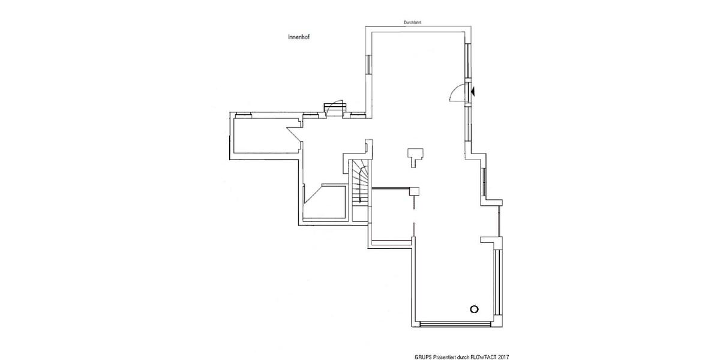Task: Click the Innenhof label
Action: click(299, 37)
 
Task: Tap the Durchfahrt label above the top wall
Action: click(412, 23)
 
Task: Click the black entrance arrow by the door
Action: click(473, 92)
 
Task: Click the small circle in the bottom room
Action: click(474, 309)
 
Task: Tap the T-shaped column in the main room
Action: click(415, 157)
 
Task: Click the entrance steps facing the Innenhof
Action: click(335, 108)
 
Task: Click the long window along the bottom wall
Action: click(456, 323)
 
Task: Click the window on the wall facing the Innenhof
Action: click(368, 64)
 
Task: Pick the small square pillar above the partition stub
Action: click(415, 191)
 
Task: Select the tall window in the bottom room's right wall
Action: click(498, 282)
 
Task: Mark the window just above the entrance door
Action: click(468, 61)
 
